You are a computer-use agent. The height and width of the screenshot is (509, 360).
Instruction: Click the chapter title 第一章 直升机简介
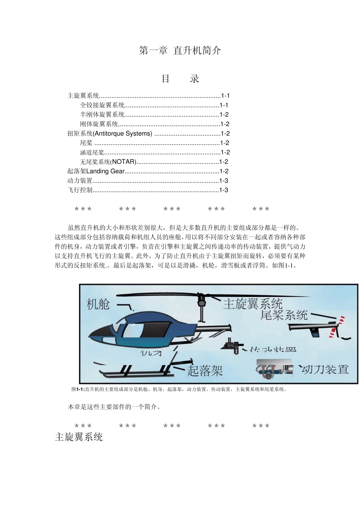click(x=180, y=50)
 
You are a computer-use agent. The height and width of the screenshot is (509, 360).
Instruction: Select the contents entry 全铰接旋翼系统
click(x=102, y=105)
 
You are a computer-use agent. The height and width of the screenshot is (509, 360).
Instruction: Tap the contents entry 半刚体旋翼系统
click(x=102, y=115)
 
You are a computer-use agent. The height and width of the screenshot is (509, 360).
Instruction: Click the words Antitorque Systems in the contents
click(x=122, y=134)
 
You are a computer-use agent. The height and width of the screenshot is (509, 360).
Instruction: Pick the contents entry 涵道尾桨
click(x=92, y=153)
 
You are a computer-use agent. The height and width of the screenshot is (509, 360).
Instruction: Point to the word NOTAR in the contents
click(x=124, y=162)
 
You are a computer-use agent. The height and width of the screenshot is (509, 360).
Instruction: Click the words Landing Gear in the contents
click(x=105, y=171)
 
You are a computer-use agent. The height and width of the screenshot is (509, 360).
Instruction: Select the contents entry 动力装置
click(x=80, y=181)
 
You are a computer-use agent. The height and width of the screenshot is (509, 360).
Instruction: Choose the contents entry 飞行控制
click(x=80, y=190)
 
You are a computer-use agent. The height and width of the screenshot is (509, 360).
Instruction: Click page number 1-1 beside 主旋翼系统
click(x=225, y=96)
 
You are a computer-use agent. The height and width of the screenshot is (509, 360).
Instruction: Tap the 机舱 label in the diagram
click(x=98, y=304)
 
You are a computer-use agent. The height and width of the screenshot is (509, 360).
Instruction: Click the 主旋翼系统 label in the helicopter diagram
click(x=253, y=304)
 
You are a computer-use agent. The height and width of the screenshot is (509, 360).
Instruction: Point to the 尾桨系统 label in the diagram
click(x=284, y=315)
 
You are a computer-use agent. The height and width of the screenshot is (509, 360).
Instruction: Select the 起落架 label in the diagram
click(x=205, y=370)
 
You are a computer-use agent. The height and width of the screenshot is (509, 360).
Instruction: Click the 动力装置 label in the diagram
click(x=325, y=369)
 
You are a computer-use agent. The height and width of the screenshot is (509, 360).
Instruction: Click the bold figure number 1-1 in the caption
click(x=80, y=389)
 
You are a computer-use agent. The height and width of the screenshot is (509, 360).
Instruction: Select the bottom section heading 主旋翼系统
click(x=79, y=437)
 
